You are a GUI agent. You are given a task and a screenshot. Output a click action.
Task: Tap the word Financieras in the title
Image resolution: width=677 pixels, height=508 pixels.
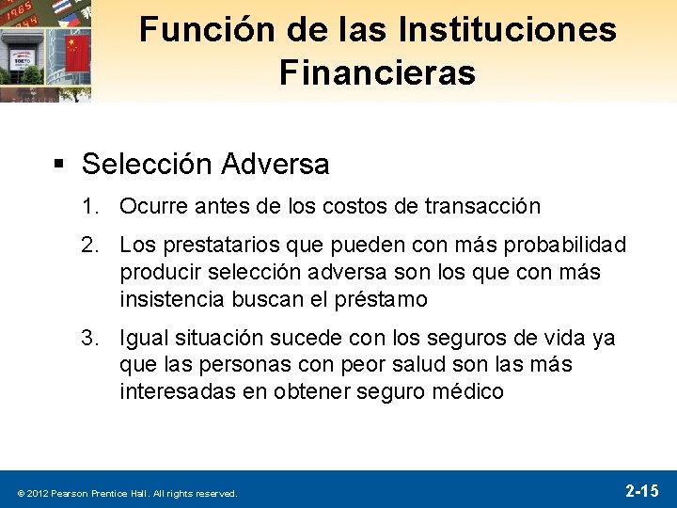(377, 73)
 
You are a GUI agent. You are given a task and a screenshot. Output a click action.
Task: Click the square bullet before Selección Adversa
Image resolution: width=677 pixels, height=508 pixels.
(58, 165)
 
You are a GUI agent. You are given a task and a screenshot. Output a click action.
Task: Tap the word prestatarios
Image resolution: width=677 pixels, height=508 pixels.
(222, 246)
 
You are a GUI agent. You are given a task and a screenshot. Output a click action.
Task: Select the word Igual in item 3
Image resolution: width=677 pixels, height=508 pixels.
(144, 338)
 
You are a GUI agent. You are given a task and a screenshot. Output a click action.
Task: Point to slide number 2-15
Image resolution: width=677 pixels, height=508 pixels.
(642, 490)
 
